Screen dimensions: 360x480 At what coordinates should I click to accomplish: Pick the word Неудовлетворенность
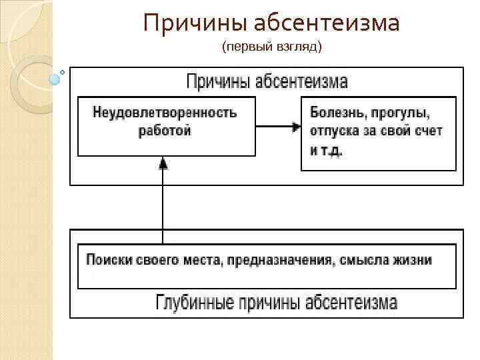(x=165, y=112)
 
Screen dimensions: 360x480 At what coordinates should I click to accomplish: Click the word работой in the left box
(x=165, y=130)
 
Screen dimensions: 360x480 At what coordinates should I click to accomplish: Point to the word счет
(x=427, y=131)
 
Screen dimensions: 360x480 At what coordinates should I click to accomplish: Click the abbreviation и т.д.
(x=326, y=150)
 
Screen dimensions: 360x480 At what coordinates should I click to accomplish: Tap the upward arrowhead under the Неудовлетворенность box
(x=163, y=163)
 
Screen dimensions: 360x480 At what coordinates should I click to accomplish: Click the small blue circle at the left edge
(x=55, y=79)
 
